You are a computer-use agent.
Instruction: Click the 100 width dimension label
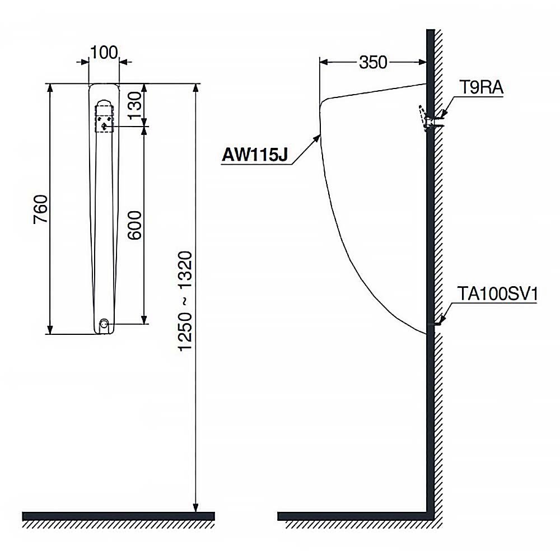tap(104, 53)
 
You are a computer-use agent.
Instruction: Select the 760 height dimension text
tap(40, 209)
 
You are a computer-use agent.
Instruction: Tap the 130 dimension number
tap(135, 106)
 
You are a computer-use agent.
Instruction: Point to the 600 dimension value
tap(134, 225)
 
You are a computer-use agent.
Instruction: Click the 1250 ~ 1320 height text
tap(186, 301)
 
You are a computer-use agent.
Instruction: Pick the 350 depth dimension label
tap(373, 63)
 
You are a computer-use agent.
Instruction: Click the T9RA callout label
tap(481, 87)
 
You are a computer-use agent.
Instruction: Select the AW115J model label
tap(255, 155)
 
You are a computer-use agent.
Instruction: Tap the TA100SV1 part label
tap(497, 295)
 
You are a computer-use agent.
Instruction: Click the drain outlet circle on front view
tap(104, 324)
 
